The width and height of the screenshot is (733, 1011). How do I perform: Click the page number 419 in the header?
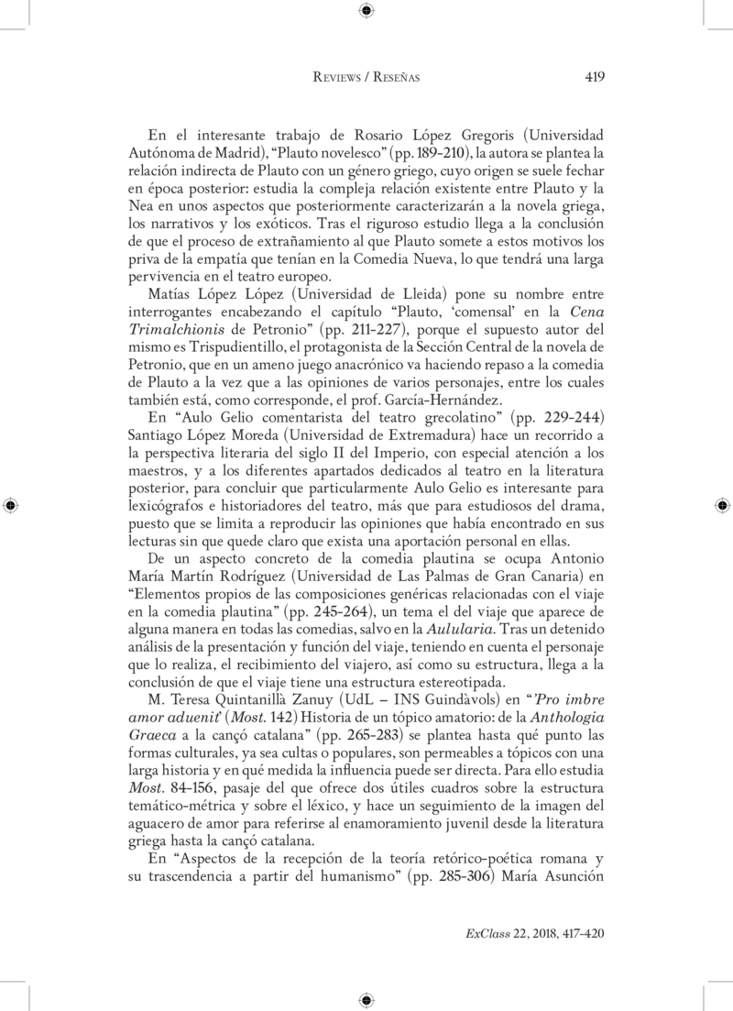click(594, 78)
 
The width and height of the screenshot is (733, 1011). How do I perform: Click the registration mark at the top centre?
click(366, 11)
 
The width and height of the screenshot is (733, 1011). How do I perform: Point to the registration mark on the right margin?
click(723, 505)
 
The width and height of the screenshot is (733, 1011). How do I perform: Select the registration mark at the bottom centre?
click(366, 999)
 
